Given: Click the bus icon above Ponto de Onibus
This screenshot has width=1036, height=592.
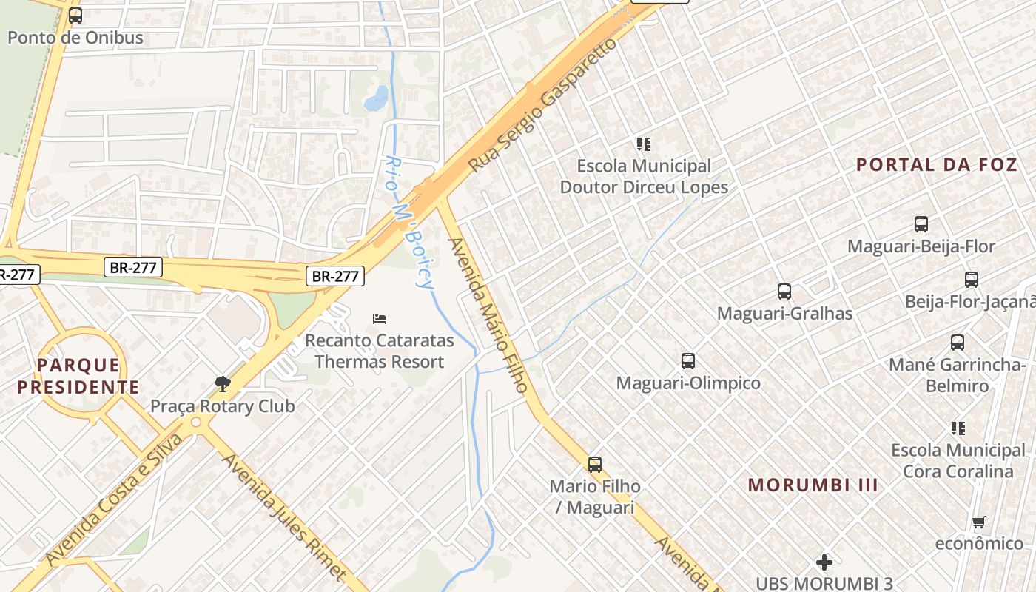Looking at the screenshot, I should tap(75, 15).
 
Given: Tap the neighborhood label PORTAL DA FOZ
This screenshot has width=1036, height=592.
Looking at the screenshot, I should tap(937, 164).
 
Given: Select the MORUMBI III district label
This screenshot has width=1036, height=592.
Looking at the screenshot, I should tap(813, 485).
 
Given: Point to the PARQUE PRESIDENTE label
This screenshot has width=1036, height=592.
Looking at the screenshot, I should tap(78, 375).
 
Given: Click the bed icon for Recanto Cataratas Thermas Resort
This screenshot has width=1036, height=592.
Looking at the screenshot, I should tap(380, 319).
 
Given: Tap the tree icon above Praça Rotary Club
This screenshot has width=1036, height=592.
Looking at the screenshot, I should tap(221, 383).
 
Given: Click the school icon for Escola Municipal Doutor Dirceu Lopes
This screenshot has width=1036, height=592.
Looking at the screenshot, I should tap(643, 144).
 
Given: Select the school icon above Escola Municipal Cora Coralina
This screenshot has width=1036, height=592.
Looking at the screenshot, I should tap(958, 428).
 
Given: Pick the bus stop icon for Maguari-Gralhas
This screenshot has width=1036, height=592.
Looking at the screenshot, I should tap(784, 292).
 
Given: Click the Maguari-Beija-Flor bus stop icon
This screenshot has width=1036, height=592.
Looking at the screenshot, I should tap(921, 223).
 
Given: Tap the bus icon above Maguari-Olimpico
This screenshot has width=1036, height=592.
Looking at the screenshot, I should tap(688, 361).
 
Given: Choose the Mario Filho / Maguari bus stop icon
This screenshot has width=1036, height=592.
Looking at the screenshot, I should tap(594, 465).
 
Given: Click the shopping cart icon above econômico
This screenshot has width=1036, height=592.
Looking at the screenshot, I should tap(978, 522).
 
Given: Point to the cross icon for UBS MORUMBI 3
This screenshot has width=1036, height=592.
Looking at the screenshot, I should tap(824, 562).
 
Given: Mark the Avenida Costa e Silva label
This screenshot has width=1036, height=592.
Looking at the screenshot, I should tap(113, 500).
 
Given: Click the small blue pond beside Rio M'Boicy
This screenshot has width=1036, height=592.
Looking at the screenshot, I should tap(377, 98).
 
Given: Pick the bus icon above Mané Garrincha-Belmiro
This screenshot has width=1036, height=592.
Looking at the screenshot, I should tap(957, 343).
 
